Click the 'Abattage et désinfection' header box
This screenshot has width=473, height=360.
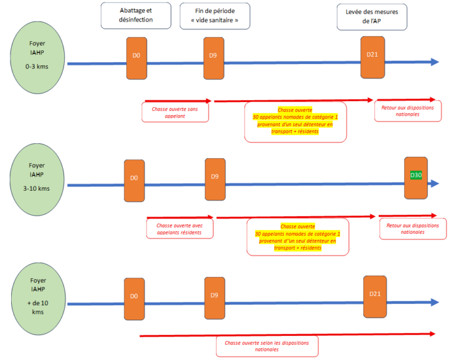[x=135, y=15]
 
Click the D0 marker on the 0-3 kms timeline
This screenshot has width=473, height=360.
[x=137, y=58]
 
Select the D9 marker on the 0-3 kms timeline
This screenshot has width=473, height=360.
[x=213, y=58]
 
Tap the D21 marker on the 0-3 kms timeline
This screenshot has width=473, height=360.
[x=373, y=57]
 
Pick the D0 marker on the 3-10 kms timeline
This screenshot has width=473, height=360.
[x=134, y=180]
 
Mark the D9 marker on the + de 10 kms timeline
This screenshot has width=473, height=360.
[x=214, y=298]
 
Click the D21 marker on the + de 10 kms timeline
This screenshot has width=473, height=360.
[x=375, y=296]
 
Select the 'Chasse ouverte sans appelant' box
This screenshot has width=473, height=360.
[x=176, y=112]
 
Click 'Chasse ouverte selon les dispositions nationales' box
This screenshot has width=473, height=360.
[x=267, y=346]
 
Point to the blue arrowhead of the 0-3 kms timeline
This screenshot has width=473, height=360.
[x=435, y=62]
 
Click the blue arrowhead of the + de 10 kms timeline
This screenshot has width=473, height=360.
[x=435, y=302]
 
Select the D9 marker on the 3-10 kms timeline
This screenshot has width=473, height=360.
[x=215, y=179]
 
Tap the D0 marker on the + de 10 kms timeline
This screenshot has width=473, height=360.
[x=134, y=298]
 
